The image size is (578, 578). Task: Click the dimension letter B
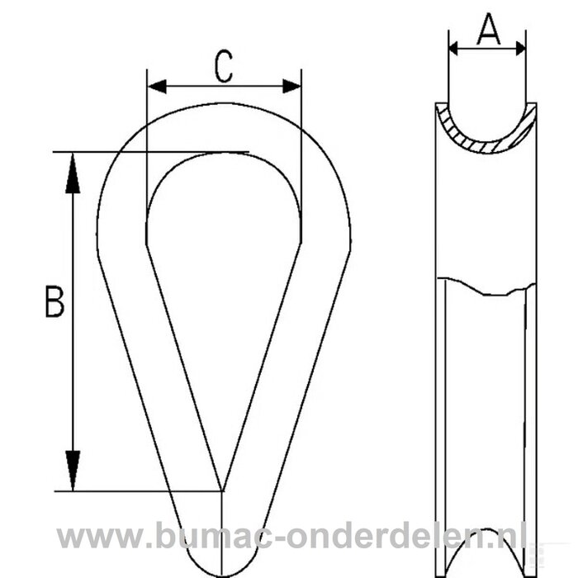click(54, 302)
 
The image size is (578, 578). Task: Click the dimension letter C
click(223, 68)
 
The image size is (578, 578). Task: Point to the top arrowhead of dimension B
click(73, 173)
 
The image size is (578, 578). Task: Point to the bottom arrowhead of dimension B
click(73, 471)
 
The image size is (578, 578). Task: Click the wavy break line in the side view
click(486, 288)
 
